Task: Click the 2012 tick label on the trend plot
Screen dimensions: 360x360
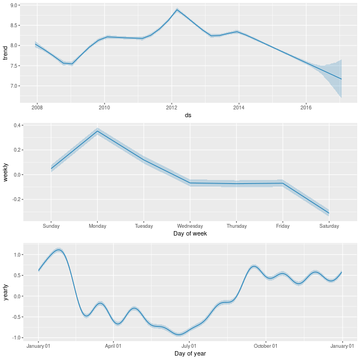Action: (x=172, y=107)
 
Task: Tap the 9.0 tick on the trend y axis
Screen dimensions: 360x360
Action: (x=14, y=5)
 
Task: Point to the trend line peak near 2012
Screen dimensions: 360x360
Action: (x=177, y=9)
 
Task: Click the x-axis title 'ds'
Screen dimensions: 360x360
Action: (x=188, y=115)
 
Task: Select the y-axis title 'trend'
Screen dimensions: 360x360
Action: (x=5, y=53)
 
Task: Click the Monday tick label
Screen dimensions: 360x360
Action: (x=97, y=226)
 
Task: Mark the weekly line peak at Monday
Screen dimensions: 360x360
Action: (x=97, y=131)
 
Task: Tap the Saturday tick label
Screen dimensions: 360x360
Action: (x=329, y=226)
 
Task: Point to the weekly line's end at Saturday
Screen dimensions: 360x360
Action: (x=329, y=213)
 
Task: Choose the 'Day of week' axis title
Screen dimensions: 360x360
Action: (x=190, y=234)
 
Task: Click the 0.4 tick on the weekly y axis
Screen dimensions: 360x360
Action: (x=17, y=126)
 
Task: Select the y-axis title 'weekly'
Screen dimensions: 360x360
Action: (x=5, y=172)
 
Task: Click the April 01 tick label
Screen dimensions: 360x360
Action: (x=113, y=346)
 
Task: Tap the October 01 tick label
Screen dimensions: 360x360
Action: (x=266, y=346)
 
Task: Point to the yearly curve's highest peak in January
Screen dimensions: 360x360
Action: (x=58, y=250)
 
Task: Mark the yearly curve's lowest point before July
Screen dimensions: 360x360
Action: (x=179, y=335)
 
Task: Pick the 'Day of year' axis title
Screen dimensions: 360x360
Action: (x=190, y=353)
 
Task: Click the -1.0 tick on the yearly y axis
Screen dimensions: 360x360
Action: (x=16, y=338)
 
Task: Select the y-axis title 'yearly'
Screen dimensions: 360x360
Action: (x=5, y=292)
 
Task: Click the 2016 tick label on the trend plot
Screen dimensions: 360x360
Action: (x=306, y=107)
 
